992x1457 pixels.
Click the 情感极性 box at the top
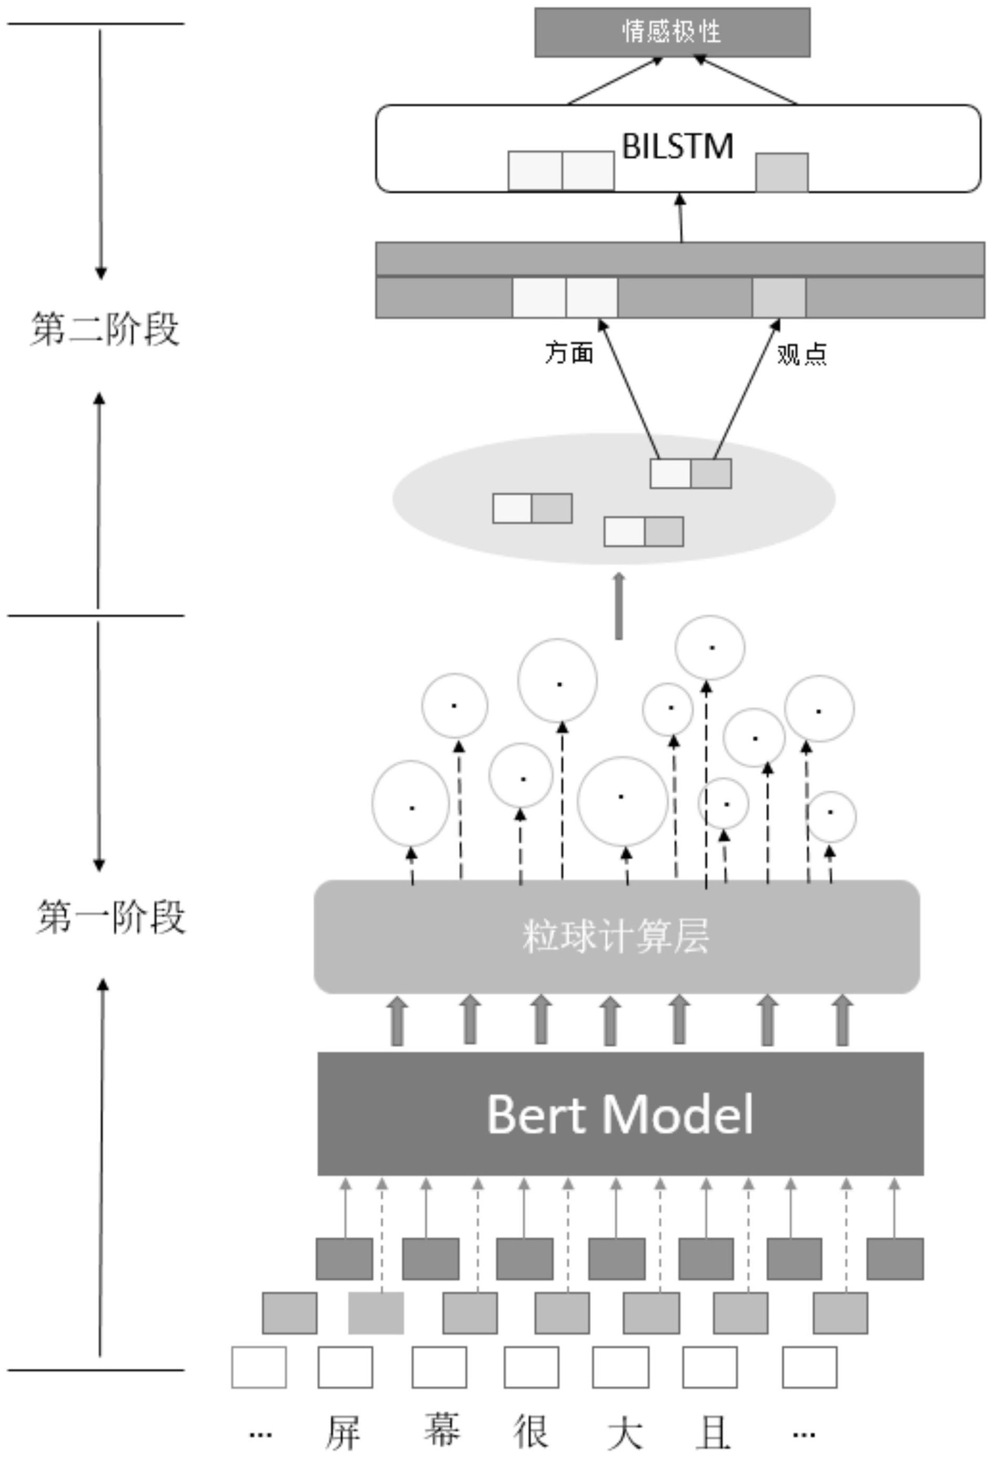[671, 32]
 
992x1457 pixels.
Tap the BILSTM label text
[677, 146]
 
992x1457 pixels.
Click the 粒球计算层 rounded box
[617, 937]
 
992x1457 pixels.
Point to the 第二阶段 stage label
[105, 329]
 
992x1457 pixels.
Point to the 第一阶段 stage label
[111, 917]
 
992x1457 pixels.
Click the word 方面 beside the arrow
[569, 353]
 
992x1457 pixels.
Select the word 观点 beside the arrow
[801, 355]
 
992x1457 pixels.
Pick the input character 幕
[441, 1430]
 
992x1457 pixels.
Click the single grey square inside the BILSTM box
[781, 172]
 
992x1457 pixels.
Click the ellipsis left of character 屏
[260, 1433]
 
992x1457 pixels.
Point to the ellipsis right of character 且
[804, 1433]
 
